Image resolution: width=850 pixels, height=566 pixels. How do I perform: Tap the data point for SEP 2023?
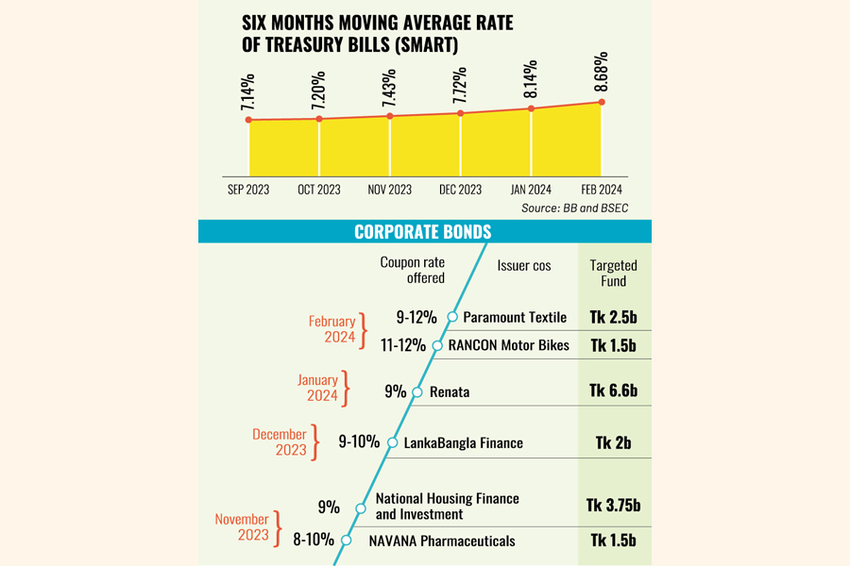click(248, 120)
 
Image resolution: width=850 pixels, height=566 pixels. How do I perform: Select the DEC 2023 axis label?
click(460, 190)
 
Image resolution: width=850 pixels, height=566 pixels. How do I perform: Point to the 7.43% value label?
click(389, 88)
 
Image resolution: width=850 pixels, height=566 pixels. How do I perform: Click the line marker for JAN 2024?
click(532, 108)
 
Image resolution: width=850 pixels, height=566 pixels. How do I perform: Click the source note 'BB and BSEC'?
click(574, 208)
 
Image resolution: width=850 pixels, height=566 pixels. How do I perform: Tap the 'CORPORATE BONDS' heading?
click(422, 232)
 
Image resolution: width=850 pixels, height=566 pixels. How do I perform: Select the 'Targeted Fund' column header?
click(613, 273)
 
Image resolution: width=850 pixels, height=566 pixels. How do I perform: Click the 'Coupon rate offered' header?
click(412, 270)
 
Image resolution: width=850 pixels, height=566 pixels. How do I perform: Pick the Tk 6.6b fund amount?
click(613, 391)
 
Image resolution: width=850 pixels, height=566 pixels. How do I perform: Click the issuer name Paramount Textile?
click(515, 318)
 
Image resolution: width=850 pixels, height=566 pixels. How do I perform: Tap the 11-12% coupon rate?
click(402, 345)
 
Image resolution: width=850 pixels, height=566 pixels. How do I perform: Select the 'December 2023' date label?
click(279, 442)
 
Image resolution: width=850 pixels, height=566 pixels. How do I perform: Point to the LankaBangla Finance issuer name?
click(463, 442)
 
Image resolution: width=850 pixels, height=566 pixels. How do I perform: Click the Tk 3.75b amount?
click(613, 507)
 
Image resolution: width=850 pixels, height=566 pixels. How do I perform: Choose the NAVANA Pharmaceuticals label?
click(442, 541)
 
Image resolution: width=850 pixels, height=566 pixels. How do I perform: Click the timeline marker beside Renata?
click(416, 391)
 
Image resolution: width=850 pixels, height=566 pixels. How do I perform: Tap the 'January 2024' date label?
click(317, 388)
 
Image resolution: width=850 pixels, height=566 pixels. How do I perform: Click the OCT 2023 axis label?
click(319, 190)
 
